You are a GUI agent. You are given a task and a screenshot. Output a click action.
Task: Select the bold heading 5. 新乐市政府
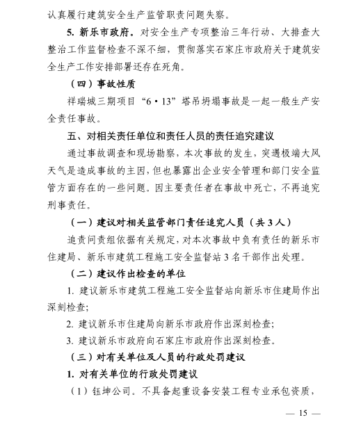[104, 32]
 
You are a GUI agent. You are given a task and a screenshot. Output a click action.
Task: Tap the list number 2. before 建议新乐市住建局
[70, 323]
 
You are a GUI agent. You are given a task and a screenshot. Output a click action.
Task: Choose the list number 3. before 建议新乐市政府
[70, 341]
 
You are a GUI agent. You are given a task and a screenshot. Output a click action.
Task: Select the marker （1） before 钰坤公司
[77, 391]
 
